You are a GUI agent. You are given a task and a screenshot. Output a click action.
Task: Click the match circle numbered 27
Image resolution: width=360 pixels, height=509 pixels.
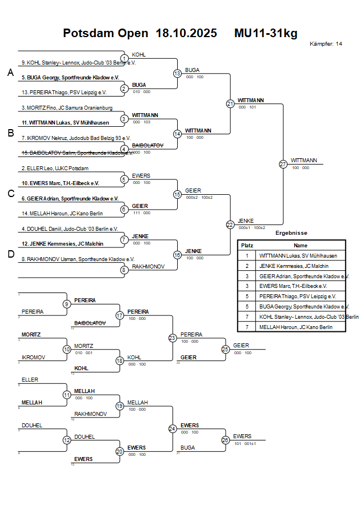click(x=283, y=164)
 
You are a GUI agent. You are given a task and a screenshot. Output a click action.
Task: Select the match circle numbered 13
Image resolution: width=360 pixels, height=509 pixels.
click(x=177, y=73)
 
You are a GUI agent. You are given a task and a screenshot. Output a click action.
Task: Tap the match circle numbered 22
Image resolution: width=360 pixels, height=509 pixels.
click(x=230, y=225)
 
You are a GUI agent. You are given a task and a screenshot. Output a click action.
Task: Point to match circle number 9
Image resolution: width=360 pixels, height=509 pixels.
click(x=67, y=304)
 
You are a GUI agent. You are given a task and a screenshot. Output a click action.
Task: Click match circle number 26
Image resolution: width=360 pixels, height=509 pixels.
click(x=225, y=440)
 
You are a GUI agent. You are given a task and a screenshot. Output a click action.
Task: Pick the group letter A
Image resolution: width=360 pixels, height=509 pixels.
click(x=10, y=73)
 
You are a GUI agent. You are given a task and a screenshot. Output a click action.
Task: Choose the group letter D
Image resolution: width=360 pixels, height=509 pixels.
click(x=10, y=254)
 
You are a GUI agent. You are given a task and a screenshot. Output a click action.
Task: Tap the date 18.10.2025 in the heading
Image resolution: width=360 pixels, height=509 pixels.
click(x=186, y=33)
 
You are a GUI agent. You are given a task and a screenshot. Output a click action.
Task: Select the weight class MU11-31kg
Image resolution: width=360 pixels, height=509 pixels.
click(x=266, y=33)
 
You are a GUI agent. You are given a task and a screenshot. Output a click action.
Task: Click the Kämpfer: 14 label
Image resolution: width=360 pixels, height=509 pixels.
click(x=326, y=44)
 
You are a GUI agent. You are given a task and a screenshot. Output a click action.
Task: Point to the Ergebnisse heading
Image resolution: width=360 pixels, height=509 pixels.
click(x=291, y=233)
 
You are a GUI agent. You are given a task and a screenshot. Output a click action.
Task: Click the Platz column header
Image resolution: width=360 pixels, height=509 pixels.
click(x=247, y=245)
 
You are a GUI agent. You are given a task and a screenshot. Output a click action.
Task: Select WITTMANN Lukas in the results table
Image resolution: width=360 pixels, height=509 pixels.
click(x=298, y=256)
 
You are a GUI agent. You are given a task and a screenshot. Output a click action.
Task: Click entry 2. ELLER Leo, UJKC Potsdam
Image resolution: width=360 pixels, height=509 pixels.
click(x=55, y=169)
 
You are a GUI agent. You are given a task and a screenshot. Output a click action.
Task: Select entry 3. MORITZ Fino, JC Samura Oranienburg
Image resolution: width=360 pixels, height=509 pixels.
click(x=67, y=107)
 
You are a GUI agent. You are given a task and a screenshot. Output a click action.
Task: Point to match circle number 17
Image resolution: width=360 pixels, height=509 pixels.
click(x=119, y=315)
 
